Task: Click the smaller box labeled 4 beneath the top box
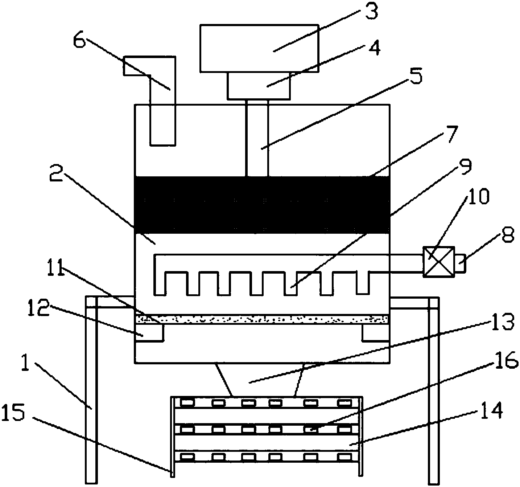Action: pos(259,86)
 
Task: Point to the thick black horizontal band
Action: pos(262,205)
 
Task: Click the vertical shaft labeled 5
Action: pos(257,140)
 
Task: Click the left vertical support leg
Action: pos(91,390)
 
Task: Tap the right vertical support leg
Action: pos(433,390)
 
